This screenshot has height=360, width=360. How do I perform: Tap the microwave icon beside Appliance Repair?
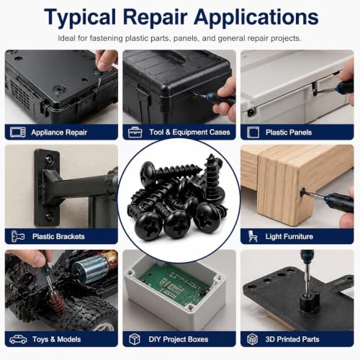18,132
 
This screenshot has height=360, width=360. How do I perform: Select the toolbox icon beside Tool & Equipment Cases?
135,132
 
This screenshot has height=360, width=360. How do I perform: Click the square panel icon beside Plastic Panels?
253,132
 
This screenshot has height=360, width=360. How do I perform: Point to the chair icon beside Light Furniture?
253,236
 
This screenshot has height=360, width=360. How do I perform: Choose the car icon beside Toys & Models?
18,339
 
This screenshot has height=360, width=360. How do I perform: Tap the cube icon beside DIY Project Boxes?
135,339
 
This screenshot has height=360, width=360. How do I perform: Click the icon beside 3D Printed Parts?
253,339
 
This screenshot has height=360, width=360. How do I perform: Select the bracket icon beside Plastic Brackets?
18,236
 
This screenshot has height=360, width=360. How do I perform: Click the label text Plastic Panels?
289,132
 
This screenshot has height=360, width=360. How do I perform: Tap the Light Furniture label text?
289,236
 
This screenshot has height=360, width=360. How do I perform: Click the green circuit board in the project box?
175,286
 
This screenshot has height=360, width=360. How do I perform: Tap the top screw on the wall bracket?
49,159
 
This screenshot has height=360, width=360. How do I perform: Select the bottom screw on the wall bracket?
49,217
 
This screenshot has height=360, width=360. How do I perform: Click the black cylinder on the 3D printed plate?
310,303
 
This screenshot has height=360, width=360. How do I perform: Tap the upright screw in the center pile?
213,178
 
